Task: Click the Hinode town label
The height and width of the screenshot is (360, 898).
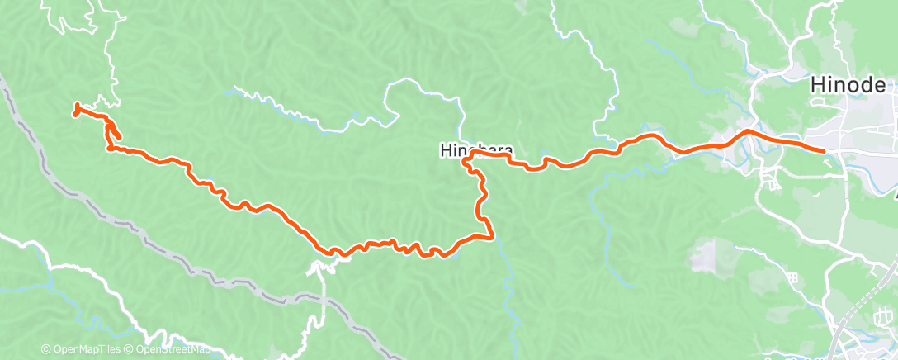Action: click(x=848, y=85)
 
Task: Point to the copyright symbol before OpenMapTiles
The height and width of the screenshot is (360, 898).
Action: click(x=45, y=350)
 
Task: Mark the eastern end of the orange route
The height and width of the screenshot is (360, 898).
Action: click(x=823, y=150)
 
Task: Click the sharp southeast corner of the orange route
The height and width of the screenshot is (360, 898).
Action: click(x=492, y=237)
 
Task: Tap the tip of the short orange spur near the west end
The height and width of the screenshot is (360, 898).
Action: click(x=119, y=136)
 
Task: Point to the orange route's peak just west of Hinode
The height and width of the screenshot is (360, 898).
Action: click(x=748, y=130)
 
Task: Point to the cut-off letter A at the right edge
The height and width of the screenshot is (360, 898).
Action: click(x=895, y=196)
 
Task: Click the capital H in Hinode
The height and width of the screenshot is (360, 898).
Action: click(x=817, y=85)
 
